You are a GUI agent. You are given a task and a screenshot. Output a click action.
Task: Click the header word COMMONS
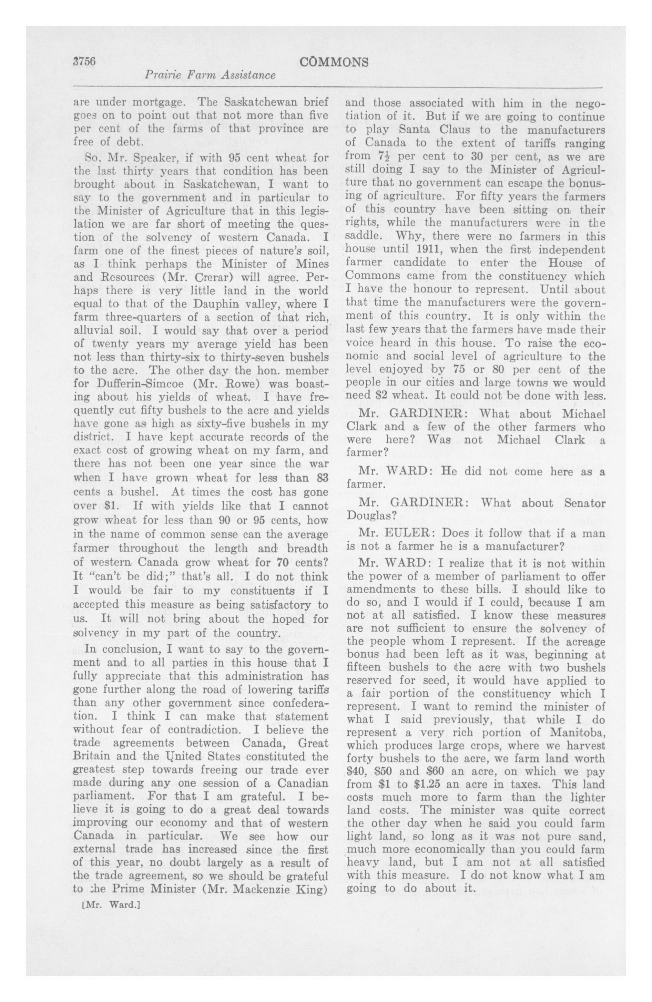[334, 62]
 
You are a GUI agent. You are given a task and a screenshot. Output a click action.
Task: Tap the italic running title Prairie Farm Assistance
[210, 75]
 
